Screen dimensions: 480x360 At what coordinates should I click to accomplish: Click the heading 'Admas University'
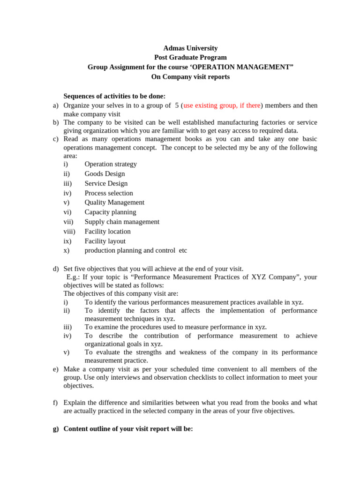[x=190, y=48]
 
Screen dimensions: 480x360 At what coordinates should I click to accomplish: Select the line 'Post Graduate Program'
[x=190, y=58]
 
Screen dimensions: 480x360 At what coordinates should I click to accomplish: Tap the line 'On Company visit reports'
[x=190, y=77]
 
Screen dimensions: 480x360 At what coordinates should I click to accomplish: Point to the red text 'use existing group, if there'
[x=222, y=105]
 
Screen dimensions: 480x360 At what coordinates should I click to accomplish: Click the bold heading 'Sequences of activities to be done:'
[x=114, y=96]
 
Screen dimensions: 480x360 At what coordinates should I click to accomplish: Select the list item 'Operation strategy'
[x=111, y=164]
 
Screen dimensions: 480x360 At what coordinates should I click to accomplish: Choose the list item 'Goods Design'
[x=105, y=173]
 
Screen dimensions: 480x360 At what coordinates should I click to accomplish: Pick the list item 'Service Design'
[x=106, y=183]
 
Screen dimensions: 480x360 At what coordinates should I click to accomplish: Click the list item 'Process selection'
[x=109, y=193]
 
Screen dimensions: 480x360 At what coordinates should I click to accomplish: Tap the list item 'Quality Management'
[x=114, y=202]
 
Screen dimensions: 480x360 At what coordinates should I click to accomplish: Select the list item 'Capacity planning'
[x=110, y=212]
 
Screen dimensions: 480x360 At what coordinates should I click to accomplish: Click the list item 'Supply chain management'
[x=122, y=222]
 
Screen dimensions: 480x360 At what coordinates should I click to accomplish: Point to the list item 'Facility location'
[x=107, y=231]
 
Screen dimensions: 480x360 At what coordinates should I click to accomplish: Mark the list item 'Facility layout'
[x=105, y=241]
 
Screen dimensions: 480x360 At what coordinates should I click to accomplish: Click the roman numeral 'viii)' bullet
[x=69, y=231]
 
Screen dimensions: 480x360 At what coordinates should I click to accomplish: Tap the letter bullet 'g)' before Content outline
[x=55, y=428]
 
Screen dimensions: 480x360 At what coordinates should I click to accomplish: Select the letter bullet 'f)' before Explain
[x=55, y=403]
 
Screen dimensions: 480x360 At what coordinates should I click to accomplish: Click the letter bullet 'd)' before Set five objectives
[x=55, y=269]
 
